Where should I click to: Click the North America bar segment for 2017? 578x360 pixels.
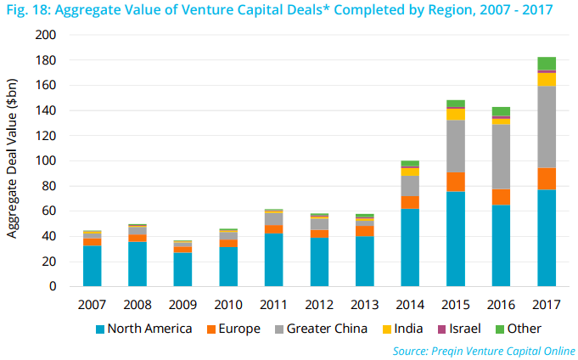(546, 238)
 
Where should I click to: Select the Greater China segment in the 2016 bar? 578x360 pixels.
(501, 156)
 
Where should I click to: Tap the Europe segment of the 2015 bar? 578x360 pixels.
(456, 182)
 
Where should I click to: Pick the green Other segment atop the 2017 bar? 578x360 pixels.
(546, 63)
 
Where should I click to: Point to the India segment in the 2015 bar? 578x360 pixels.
(456, 114)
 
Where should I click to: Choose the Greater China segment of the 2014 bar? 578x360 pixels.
(410, 186)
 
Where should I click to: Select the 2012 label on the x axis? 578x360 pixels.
(319, 303)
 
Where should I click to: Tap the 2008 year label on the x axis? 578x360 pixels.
(138, 303)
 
